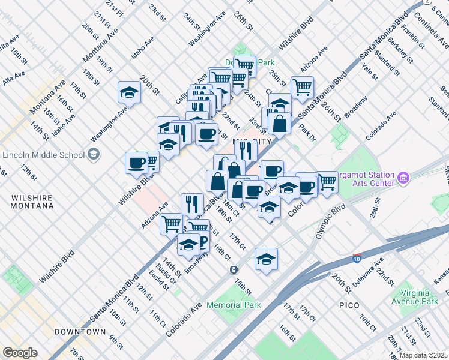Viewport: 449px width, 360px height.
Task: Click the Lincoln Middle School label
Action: [43, 155]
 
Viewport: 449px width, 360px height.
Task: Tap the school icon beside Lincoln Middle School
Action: [93, 155]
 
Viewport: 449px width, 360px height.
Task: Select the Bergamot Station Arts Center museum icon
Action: [403, 179]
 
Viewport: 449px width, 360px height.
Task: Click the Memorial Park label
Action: [234, 305]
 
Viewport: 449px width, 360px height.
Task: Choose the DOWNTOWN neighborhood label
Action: [80, 332]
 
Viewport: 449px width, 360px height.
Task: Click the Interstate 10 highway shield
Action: [357, 259]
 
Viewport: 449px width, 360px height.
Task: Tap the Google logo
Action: [19, 353]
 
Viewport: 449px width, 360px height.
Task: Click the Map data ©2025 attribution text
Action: [423, 355]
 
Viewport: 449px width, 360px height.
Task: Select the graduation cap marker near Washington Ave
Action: [128, 92]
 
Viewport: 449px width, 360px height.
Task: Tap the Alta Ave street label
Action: [13, 78]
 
